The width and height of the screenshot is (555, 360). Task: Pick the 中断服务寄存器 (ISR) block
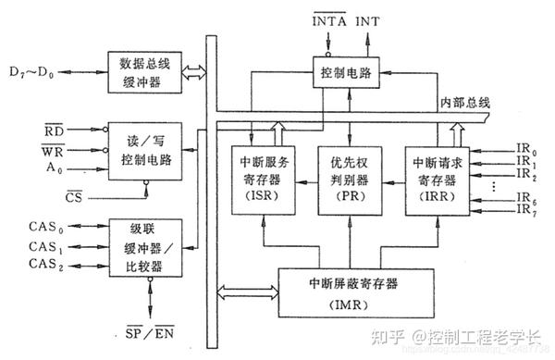tap(259, 179)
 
